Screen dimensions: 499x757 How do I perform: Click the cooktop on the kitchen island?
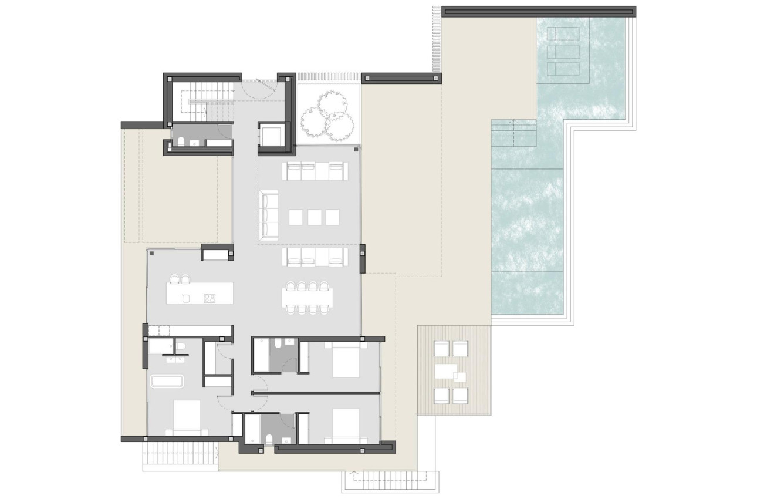point(209,298)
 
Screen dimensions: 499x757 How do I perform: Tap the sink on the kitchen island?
point(186,298)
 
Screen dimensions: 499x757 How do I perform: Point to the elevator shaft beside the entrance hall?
point(271,135)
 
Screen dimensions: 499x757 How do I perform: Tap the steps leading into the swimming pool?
point(514,133)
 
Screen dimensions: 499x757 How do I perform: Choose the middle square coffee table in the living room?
point(315,217)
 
